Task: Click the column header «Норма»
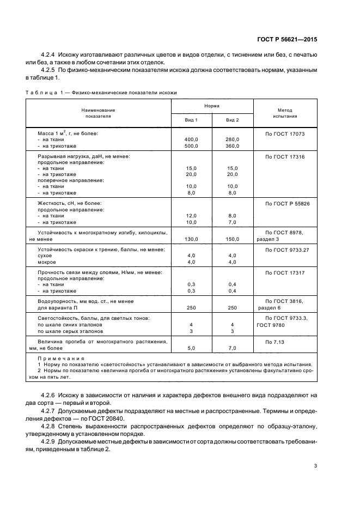(212, 106)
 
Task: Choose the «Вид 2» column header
(232, 119)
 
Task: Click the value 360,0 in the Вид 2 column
(232, 146)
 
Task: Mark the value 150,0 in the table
(232, 239)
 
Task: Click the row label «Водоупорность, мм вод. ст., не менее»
(86, 301)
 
